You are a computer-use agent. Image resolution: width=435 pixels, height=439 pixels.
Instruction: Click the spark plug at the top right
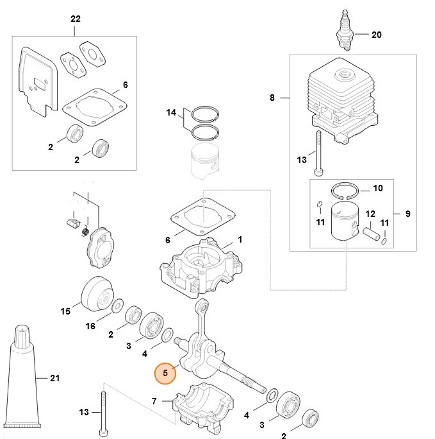[x=347, y=32]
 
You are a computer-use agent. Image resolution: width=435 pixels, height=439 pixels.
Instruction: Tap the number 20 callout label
[x=376, y=35]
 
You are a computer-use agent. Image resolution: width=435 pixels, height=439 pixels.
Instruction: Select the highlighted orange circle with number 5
[x=165, y=372]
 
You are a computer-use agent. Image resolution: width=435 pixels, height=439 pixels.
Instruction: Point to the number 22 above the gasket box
[x=75, y=19]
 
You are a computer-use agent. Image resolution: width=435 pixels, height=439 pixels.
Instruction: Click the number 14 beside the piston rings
[x=171, y=113]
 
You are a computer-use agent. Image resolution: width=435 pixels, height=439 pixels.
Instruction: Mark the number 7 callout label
[x=154, y=401]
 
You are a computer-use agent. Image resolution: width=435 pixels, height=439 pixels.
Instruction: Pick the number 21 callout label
[x=54, y=378]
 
